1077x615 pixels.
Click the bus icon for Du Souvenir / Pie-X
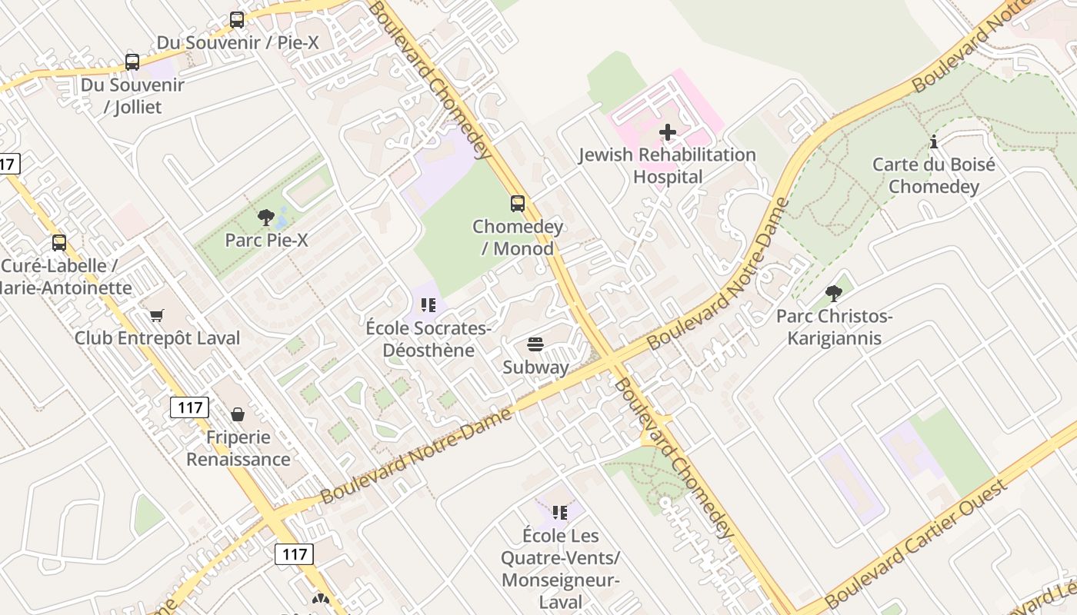point(237,20)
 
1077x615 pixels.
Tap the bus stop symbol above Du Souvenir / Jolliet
point(132,62)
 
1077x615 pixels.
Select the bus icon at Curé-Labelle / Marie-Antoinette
point(59,243)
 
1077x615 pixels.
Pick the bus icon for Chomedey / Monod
point(518,204)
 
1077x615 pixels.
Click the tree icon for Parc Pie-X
point(266,218)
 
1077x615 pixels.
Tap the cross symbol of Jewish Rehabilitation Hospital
point(668,132)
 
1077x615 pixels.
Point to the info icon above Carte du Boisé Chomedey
point(934,142)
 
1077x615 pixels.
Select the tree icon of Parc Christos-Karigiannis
point(834,294)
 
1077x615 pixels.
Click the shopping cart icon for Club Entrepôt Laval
point(157,315)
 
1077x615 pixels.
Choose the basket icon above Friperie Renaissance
point(238,414)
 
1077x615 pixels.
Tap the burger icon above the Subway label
point(535,344)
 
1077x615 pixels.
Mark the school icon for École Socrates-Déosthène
point(428,306)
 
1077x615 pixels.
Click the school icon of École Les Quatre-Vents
point(559,512)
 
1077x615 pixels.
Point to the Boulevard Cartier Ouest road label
point(915,542)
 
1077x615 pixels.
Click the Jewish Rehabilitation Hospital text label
point(668,165)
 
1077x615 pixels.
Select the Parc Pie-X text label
point(266,240)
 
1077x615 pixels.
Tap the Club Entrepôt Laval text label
point(157,337)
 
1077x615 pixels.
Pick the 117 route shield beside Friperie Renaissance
point(189,407)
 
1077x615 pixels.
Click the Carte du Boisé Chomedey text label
point(934,175)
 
